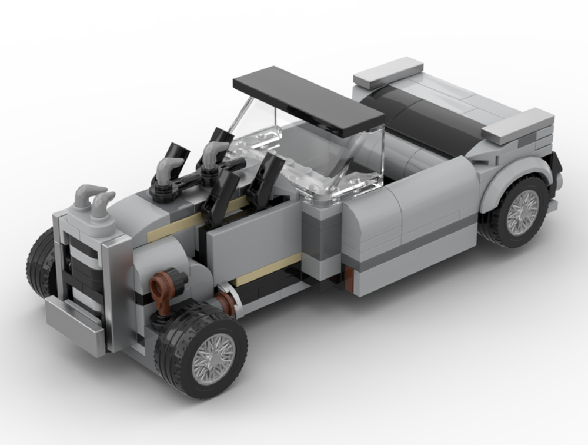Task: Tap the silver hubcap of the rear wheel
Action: tap(522, 212)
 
